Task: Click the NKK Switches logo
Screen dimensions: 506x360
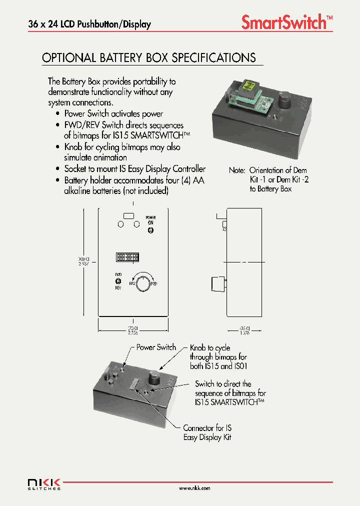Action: coord(44,483)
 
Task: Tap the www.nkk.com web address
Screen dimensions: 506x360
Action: coord(194,488)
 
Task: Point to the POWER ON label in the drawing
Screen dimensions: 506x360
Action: coord(150,220)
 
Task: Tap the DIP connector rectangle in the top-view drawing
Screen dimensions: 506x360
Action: coord(127,257)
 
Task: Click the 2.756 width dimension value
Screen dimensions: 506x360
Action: coord(132,332)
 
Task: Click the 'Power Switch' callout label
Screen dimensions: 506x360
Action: coord(156,347)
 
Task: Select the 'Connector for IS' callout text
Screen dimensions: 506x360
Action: coord(207,428)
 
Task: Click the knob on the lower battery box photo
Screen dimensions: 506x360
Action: coord(153,374)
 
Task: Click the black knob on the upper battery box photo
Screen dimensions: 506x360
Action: coord(285,99)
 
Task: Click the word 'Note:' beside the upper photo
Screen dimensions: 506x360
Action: coord(237,170)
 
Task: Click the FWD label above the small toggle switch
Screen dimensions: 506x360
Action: coord(118,274)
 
